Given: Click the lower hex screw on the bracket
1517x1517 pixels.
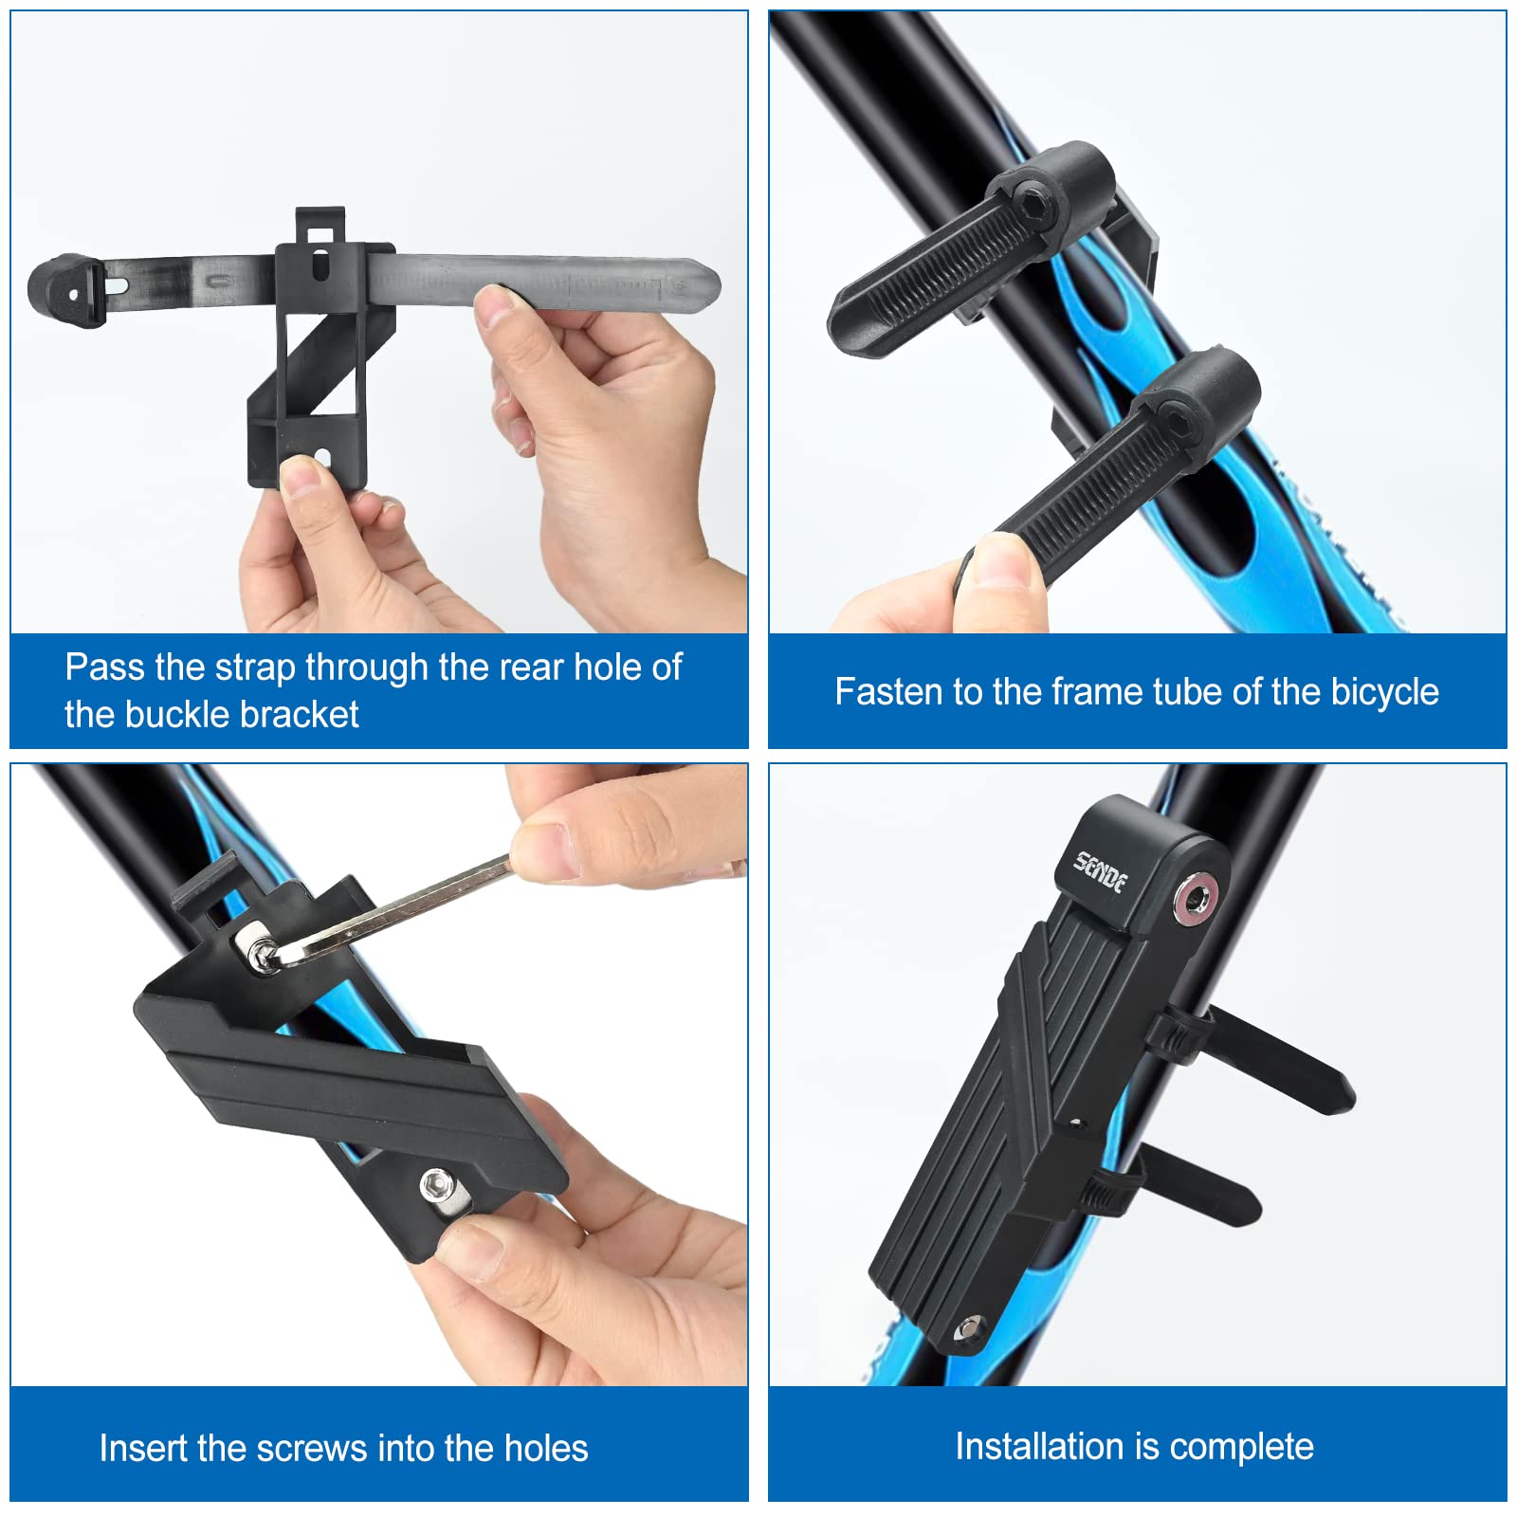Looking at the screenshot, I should [436, 1182].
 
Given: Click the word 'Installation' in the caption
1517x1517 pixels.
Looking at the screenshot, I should [1037, 1447].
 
